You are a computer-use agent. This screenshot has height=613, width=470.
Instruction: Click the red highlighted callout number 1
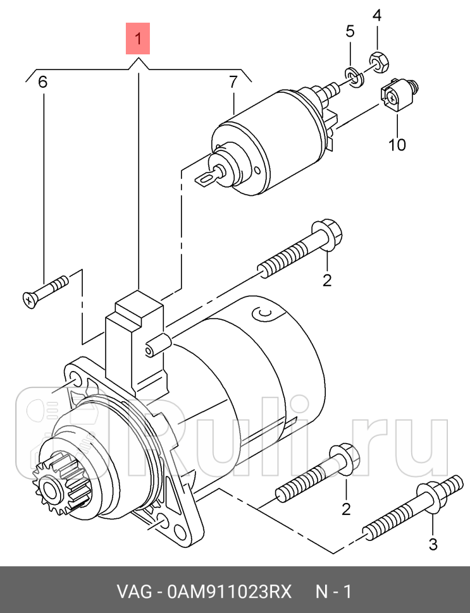point(137,39)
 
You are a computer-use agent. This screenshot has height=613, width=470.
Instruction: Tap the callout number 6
point(42,82)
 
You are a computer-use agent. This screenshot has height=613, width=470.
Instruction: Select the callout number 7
point(233,82)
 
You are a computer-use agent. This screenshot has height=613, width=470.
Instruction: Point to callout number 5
point(350,31)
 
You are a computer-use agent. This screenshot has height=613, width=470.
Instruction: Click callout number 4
point(376,15)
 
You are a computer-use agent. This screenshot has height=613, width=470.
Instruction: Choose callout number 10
point(397,145)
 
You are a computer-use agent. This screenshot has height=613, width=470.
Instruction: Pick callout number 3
point(433,545)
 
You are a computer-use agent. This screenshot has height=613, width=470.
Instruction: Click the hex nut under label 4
point(378,61)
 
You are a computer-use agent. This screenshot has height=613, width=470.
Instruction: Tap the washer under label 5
point(354,78)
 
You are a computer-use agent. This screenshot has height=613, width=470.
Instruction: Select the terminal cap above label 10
point(399,95)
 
